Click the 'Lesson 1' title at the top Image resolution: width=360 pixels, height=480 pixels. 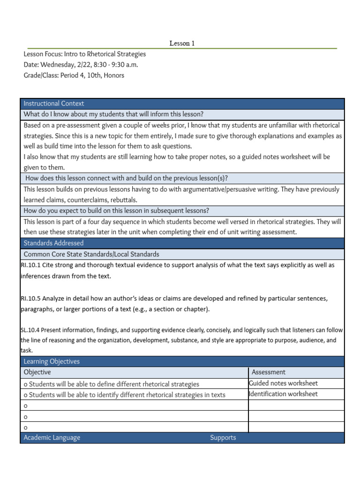pos(182,43)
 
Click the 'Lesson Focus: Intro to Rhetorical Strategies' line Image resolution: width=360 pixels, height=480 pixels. pos(85,54)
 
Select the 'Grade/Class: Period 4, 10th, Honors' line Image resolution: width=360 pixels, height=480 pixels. pos(74,75)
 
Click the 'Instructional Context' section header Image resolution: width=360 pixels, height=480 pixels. pos(54,104)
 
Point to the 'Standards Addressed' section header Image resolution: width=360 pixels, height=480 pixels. pos(53,243)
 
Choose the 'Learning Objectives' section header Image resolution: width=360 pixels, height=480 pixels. pos(52,361)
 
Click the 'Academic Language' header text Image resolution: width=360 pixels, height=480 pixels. pos(52,437)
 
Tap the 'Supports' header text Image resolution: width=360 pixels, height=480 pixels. pos(223,437)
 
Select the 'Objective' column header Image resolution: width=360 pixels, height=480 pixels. pos(37,372)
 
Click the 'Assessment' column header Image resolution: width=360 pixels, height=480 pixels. pos(269,372)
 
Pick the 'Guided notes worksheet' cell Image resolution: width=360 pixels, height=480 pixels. pos(283,383)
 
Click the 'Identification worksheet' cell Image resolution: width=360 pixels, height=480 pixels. pos(283,394)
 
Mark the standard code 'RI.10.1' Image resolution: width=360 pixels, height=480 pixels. pos(30,265)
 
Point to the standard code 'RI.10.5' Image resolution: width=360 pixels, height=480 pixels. pos(30,298)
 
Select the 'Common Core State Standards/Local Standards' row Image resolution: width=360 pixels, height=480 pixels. pos(91,254)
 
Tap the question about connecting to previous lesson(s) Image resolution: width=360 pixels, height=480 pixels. pos(127,178)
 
